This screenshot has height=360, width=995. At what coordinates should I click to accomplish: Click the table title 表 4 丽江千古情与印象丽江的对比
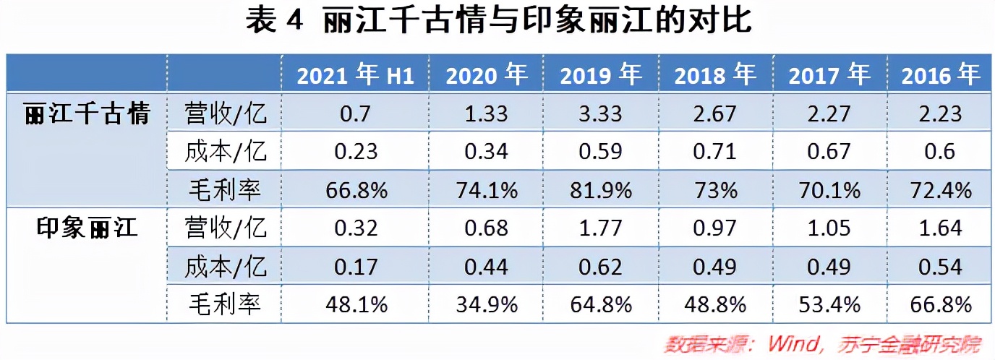coord(498,22)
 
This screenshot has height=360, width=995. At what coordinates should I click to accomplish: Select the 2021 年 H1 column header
coord(356,75)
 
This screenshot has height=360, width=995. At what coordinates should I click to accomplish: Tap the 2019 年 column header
coord(600,75)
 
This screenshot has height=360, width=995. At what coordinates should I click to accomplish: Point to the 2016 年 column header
coord(941,75)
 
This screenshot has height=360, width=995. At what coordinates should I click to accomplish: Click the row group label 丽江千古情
coord(87,113)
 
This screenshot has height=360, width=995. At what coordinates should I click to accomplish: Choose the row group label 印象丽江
coord(87,228)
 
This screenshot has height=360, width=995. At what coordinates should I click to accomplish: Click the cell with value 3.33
coord(600,113)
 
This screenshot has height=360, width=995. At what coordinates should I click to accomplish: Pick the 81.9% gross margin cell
coord(600,190)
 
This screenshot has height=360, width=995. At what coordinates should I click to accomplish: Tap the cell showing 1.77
coord(600,228)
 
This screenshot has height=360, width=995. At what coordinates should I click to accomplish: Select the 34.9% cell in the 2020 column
coord(487,304)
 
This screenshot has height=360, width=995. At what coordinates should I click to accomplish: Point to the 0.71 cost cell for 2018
coord(714,152)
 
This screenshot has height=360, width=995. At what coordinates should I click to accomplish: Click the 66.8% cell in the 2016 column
coord(941,304)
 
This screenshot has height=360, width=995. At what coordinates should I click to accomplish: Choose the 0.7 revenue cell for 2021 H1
coord(356,113)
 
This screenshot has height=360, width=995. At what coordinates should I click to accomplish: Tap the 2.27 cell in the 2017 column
coord(828,113)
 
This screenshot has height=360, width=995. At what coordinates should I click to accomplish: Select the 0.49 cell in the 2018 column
coord(714,267)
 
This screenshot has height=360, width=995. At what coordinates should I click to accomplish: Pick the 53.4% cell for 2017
coord(828,304)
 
